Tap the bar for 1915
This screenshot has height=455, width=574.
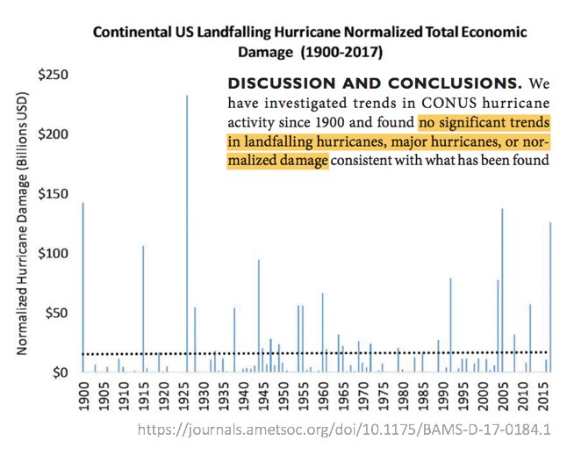click(143, 307)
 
